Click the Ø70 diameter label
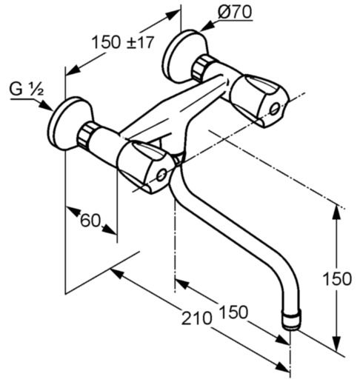pos(235,13)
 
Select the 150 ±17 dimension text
pos(123,42)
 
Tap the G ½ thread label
pos(27,89)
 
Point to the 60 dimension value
pos(90,221)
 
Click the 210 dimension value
pos(197,318)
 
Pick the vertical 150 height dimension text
pos(337,279)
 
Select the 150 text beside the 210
pos(233,312)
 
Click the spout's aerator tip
pos(292,321)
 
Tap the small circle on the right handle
pos(275,109)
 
